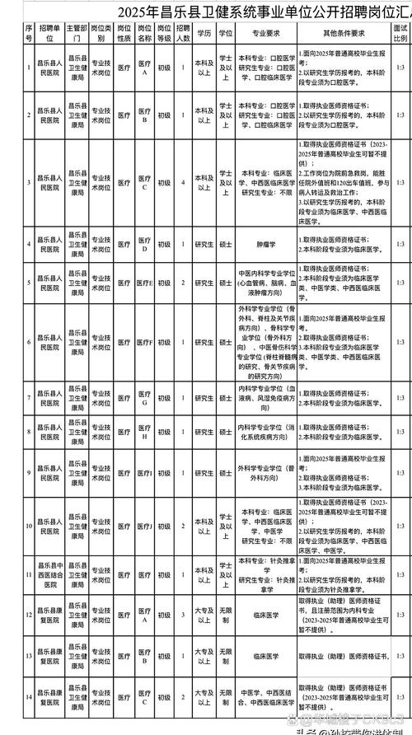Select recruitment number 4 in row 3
[x=184, y=181]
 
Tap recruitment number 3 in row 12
[x=184, y=613]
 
